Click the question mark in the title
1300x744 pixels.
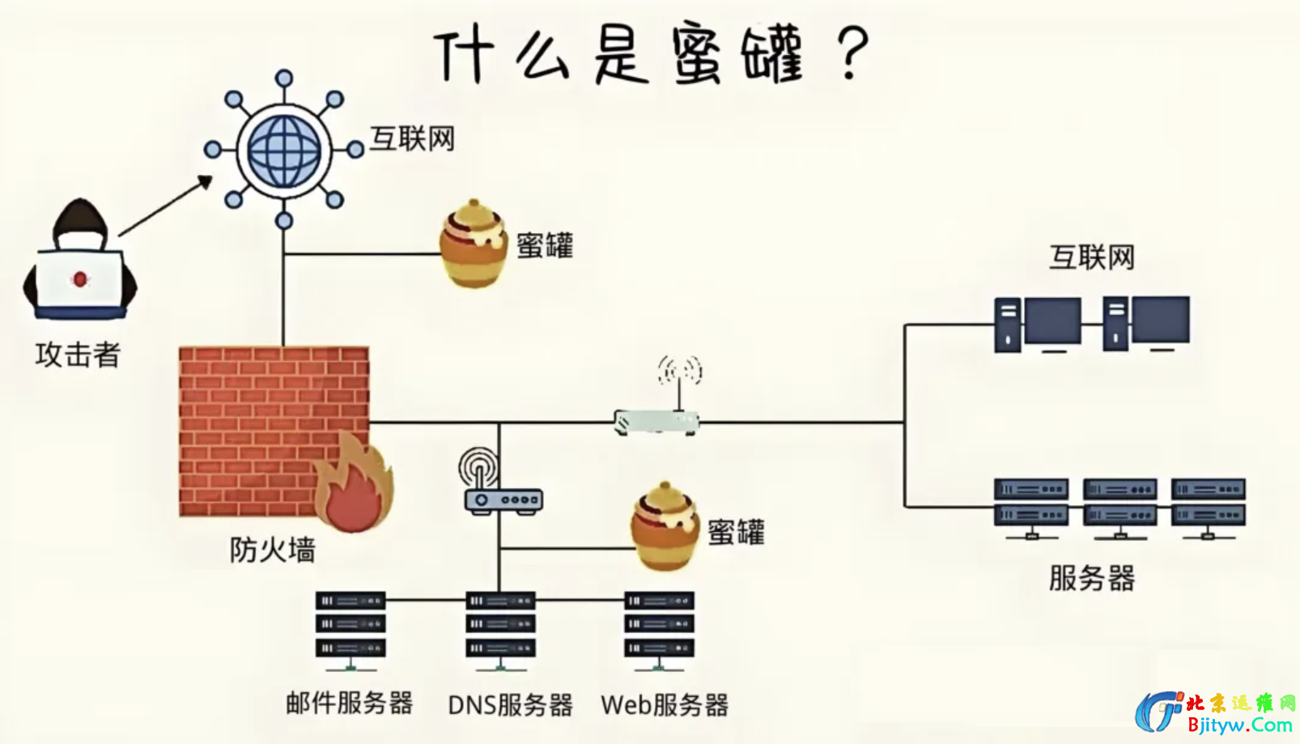tap(851, 53)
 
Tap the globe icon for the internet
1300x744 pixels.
tap(283, 151)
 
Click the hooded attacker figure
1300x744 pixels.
tap(80, 259)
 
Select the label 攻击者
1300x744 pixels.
tap(78, 355)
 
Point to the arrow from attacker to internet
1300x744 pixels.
tap(166, 206)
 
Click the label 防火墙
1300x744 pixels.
tap(272, 551)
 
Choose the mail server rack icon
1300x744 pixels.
tap(350, 625)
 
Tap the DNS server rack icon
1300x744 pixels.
tap(500, 625)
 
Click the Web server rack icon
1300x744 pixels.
tap(659, 625)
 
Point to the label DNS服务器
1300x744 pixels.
tap(510, 705)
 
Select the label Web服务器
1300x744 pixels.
tap(665, 705)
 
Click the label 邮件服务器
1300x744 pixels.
tap(350, 703)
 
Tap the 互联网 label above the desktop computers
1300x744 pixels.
tap(1092, 257)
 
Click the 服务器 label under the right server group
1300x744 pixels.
tap(1092, 578)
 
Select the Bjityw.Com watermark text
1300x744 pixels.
tap(1239, 725)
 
